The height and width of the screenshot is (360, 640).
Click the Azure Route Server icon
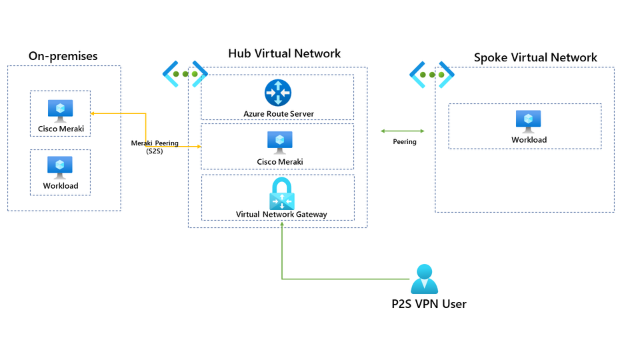pyautogui.click(x=277, y=93)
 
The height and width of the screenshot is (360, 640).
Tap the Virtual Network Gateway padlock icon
pyautogui.click(x=281, y=194)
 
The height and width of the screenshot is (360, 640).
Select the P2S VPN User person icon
pyautogui.click(x=424, y=279)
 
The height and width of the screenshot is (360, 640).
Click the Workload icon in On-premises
pyautogui.click(x=60, y=167)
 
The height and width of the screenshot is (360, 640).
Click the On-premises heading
pyautogui.click(x=63, y=56)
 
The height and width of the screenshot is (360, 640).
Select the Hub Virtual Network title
pyautogui.click(x=284, y=53)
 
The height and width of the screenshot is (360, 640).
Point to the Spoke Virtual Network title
pyautogui.click(x=535, y=57)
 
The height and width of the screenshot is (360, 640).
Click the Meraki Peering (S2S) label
pyautogui.click(x=155, y=147)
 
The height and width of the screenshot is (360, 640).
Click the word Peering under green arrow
pyautogui.click(x=404, y=142)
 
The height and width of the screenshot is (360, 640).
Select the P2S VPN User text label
pyautogui.click(x=429, y=304)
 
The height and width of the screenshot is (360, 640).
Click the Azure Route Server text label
pyautogui.click(x=278, y=114)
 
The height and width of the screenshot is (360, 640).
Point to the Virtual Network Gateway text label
pyautogui.click(x=281, y=215)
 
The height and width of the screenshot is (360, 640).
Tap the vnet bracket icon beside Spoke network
pyautogui.click(x=431, y=75)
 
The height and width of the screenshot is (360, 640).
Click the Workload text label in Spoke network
pyautogui.click(x=529, y=140)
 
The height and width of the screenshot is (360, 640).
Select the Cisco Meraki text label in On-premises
pyautogui.click(x=61, y=129)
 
